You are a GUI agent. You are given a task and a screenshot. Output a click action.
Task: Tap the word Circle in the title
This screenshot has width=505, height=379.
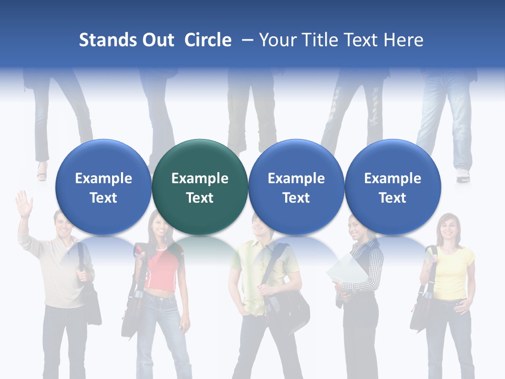(208, 40)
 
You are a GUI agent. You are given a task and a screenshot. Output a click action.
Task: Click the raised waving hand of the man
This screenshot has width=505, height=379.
(24, 203)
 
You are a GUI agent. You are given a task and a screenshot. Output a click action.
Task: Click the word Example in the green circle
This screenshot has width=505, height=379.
(200, 178)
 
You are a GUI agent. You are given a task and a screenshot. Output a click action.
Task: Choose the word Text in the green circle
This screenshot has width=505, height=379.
(200, 198)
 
